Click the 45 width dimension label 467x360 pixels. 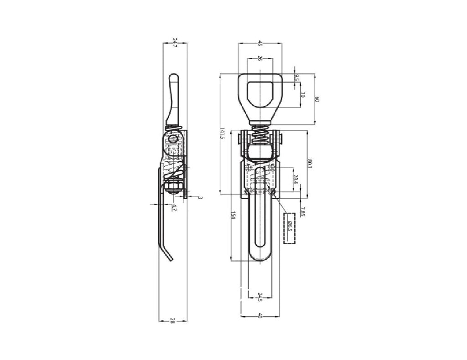(260, 43)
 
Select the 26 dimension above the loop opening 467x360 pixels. (260, 58)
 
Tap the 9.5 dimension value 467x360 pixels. (297, 78)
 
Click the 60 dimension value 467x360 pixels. (317, 99)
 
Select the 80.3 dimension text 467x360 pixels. (310, 164)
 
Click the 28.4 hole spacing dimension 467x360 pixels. (296, 179)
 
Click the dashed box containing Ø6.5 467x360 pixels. (289, 228)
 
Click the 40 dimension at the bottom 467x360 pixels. (260, 315)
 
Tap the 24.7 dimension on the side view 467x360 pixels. (175, 43)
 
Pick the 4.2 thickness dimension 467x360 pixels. (174, 208)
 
